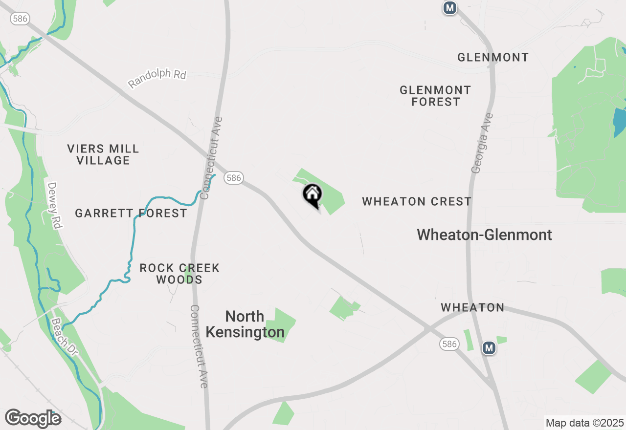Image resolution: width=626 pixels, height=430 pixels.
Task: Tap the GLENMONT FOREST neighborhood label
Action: click(435, 96)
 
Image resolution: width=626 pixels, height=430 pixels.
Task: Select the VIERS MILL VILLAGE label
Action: click(103, 154)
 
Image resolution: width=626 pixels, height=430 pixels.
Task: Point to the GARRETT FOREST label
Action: click(131, 213)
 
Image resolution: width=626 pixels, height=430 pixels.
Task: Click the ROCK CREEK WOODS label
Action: click(179, 274)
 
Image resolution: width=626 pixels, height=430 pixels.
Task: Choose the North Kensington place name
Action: click(245, 324)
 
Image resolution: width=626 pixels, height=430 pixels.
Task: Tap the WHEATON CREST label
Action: click(417, 201)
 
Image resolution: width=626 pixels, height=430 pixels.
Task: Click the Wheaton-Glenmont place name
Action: click(484, 235)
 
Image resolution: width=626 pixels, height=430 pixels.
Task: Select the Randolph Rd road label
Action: click(157, 78)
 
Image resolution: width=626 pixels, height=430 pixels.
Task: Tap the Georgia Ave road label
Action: click(482, 143)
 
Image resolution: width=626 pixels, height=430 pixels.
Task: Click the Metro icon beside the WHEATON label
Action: click(489, 348)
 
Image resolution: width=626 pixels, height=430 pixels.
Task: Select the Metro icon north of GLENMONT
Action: click(449, 8)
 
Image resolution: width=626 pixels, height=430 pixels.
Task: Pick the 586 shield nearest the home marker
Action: click(234, 178)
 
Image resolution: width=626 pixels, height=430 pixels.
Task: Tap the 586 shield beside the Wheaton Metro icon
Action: click(449, 344)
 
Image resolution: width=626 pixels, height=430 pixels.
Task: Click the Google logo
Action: click(33, 418)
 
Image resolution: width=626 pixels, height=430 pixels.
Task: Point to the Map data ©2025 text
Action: click(584, 423)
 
